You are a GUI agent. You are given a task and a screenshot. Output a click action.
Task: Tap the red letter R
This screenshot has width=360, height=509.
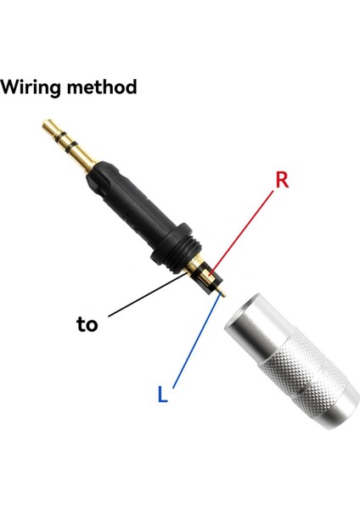click(x=284, y=181)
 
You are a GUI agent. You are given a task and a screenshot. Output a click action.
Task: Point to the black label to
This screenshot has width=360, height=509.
click(x=87, y=324)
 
